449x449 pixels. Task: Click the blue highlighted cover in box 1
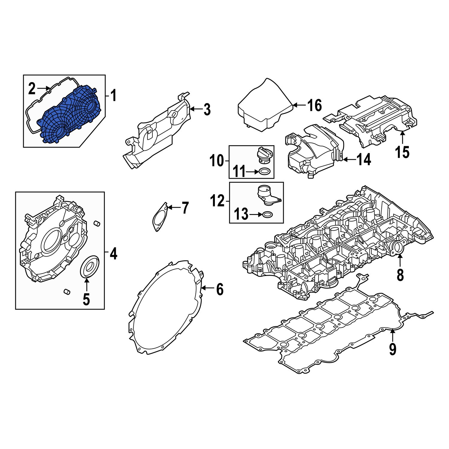pos(69,115)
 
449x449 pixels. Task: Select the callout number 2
pos(32,89)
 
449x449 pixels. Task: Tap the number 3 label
pos(207,110)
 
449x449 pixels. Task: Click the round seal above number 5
pos(89,265)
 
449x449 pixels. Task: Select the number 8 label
pos(400,275)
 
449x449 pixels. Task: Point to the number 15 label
pos(402,152)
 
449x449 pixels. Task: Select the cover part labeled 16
pos(263,111)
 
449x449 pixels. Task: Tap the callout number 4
pos(113,254)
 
